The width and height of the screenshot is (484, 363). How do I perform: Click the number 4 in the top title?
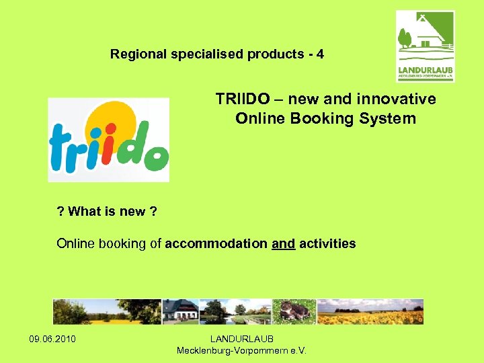coord(320,54)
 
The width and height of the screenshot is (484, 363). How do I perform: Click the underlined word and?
coord(283,243)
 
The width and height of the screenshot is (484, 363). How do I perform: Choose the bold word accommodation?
coord(216,243)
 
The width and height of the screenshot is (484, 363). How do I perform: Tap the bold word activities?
coord(327,243)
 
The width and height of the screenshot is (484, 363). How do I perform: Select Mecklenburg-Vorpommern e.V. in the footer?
coord(241,350)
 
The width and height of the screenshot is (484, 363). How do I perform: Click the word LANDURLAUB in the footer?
coord(241,338)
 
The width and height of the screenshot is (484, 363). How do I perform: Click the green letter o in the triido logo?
coord(156,160)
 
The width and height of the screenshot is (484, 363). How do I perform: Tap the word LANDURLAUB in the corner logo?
coord(426,69)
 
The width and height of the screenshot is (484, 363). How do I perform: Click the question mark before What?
coord(61,212)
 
